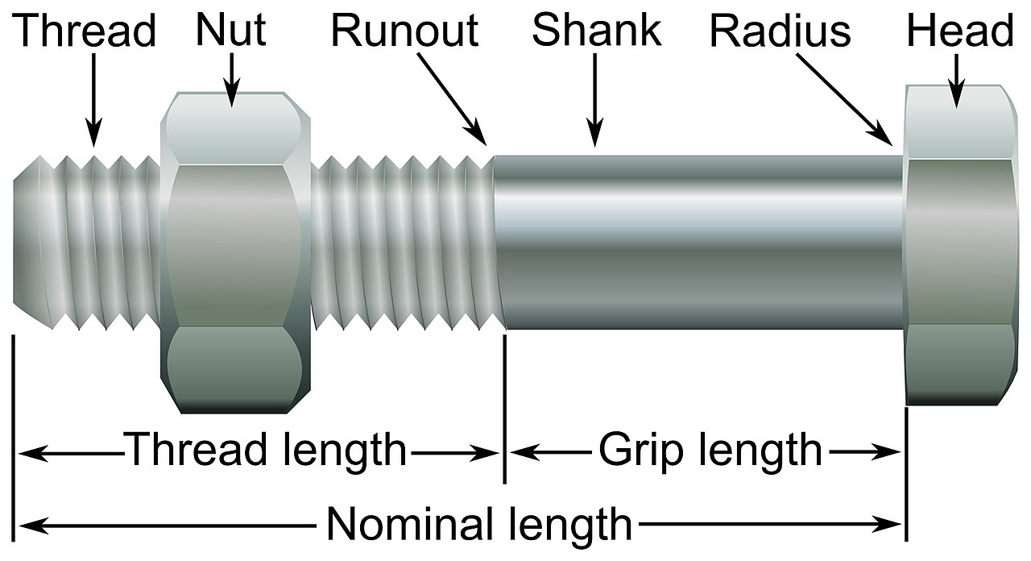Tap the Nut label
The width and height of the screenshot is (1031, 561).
point(231,31)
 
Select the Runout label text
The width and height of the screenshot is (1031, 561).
point(404,31)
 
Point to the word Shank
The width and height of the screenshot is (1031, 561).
point(596,31)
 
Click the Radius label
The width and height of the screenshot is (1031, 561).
point(780,32)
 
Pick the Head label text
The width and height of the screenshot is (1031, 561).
point(959,32)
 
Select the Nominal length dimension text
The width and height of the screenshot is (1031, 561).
point(479,526)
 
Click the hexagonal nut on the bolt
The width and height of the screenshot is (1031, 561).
point(234,250)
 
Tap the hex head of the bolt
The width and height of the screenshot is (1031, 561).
point(959,242)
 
